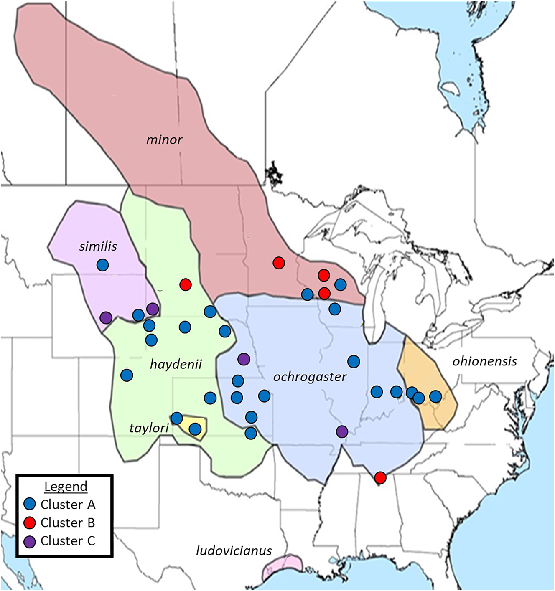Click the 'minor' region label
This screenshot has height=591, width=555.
pos(164,140)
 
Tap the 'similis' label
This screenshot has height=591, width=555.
pos(98,246)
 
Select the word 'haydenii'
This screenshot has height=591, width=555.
pos(176,364)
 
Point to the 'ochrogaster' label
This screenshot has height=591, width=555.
pos(310,377)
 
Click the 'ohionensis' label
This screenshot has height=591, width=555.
pos(484,361)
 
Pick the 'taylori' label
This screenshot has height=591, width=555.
pos(149,428)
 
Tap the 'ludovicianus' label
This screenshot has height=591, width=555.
pos(234,550)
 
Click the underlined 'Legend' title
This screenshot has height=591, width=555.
pos(66,487)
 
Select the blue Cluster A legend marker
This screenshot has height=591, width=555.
pos(30,504)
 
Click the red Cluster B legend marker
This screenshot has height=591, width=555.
pos(30,523)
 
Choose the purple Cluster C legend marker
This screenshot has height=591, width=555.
pos(30,541)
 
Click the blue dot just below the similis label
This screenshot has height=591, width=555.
pos(102,265)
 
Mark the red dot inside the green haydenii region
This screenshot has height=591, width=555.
pos(186,285)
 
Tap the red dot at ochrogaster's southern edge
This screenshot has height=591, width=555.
pos(380,477)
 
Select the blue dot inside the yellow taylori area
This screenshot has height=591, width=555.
pos(195,429)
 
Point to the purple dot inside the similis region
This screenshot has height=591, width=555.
pos(106,317)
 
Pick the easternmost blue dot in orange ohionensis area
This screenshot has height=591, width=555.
pos(435,396)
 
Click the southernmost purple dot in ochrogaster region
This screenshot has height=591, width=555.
pos(342,431)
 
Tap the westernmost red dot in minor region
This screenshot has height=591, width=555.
pos(279,263)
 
